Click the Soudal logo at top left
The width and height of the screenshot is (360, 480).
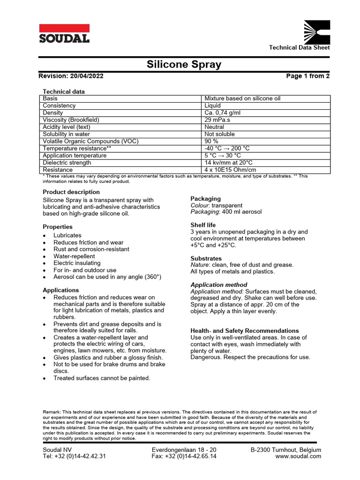[64, 33]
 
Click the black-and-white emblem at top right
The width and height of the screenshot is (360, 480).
[317, 31]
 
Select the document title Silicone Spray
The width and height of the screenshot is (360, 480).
[184, 64]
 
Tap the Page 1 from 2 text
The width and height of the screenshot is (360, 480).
[307, 76]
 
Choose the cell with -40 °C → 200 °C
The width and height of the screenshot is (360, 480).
[227, 149]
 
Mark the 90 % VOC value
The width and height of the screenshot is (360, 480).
[211, 141]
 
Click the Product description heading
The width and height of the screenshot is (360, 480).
[71, 192]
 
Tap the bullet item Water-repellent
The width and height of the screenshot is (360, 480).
[74, 256]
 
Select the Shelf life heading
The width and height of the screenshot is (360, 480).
[203, 225]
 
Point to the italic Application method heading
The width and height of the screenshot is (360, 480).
[218, 285]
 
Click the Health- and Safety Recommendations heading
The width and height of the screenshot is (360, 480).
[244, 330]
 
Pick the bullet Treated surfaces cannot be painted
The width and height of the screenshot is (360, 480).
[102, 378]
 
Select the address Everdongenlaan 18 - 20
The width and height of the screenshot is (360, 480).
[184, 450]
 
